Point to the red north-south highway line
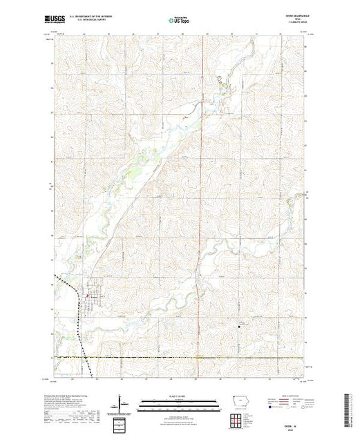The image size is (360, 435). click(x=200, y=207)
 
